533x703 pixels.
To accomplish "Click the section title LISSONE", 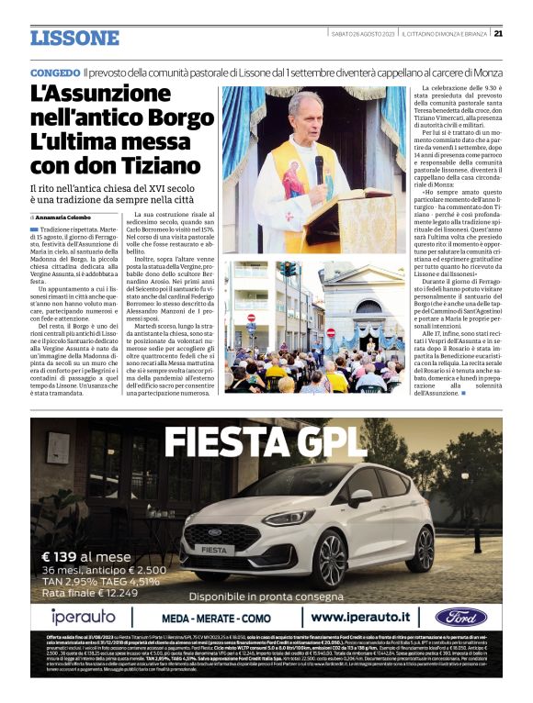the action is [x=74, y=38].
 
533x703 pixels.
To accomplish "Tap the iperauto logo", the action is [x=83, y=617].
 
